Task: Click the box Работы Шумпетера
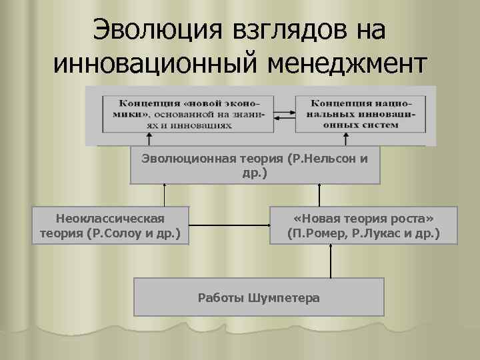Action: pyautogui.click(x=259, y=297)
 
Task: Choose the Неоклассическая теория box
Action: pyautogui.click(x=111, y=226)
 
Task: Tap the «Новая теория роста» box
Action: pyautogui.click(x=363, y=226)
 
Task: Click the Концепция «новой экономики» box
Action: pyautogui.click(x=185, y=113)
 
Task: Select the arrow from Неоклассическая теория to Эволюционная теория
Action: pyautogui.click(x=164, y=195)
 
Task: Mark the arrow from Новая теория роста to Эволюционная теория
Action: pyautogui.click(x=319, y=195)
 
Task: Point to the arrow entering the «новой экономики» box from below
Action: pyautogui.click(x=149, y=139)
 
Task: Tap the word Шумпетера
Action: pyautogui.click(x=284, y=297)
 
